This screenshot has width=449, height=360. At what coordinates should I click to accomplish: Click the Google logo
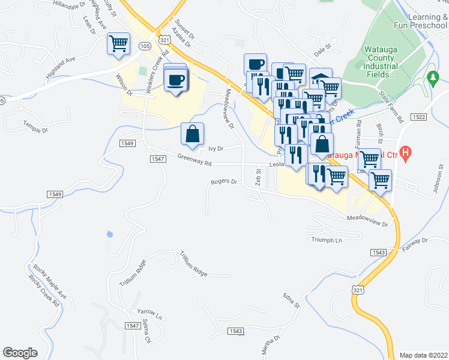pyautogui.click(x=20, y=353)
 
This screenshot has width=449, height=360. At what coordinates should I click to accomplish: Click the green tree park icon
pyautogui.click(x=432, y=77)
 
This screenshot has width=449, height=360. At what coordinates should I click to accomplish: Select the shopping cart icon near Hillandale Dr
pyautogui.click(x=118, y=43)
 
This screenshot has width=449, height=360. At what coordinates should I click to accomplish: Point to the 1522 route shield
pyautogui.click(x=419, y=116)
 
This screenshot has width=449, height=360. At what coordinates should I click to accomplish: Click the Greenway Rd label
pyautogui.click(x=194, y=159)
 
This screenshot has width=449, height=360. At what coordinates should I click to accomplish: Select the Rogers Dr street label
pyautogui.click(x=224, y=181)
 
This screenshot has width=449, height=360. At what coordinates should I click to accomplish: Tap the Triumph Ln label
pyautogui.click(x=327, y=239)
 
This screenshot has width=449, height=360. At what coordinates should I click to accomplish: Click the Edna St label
pyautogui.click(x=292, y=301)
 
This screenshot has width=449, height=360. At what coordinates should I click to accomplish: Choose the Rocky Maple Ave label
pyautogui.click(x=41, y=281)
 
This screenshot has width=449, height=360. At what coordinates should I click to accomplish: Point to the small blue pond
pyautogui.click(x=109, y=233)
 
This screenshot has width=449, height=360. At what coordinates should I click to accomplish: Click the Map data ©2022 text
pyautogui.click(x=423, y=355)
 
